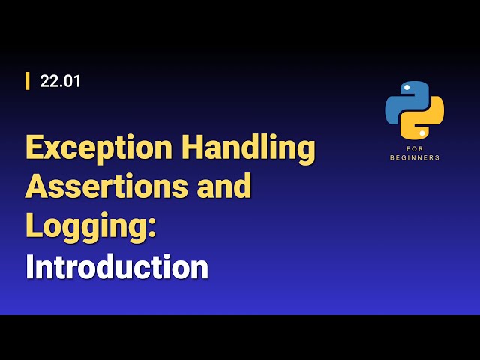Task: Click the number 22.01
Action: coord(61,81)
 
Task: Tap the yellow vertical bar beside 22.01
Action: coord(28,81)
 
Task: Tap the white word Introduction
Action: coord(117,267)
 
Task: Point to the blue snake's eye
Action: coord(406,88)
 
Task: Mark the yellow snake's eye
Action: coord(423,133)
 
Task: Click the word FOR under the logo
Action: coord(415,150)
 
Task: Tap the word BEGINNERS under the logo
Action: coord(415,158)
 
